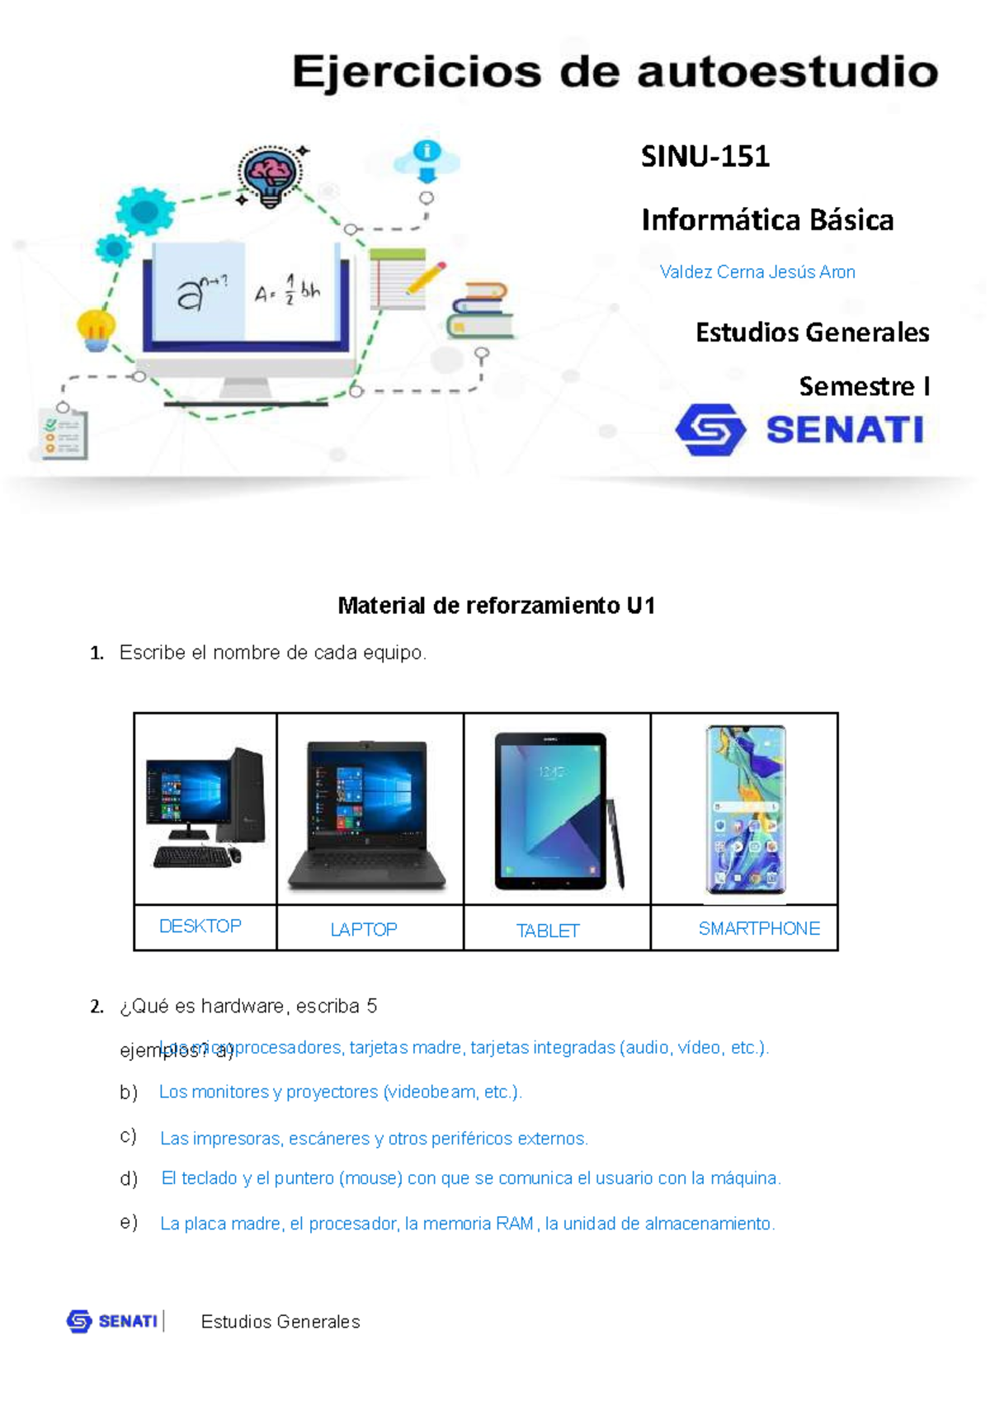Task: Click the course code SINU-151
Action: click(x=705, y=156)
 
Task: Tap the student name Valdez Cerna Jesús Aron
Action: click(x=757, y=272)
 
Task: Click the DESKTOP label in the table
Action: click(x=200, y=927)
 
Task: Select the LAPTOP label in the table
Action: click(x=363, y=930)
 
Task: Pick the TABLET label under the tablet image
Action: click(x=548, y=931)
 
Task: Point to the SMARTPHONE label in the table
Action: click(x=758, y=929)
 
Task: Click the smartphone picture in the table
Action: click(x=745, y=809)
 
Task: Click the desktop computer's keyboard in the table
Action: click(x=192, y=857)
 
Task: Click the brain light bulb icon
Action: click(x=270, y=176)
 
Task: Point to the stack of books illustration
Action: click(x=479, y=311)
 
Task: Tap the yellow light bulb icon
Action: click(x=96, y=329)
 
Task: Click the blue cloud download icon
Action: click(x=426, y=160)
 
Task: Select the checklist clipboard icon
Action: click(x=64, y=433)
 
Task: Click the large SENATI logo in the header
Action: click(x=799, y=429)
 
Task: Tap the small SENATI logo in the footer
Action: click(x=112, y=1321)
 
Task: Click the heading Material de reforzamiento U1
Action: click(x=496, y=606)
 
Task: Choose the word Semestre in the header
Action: click(x=856, y=386)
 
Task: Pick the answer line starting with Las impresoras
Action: click(x=373, y=1139)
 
